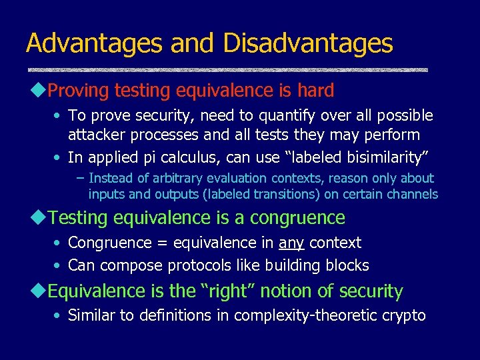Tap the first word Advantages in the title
pos(94,43)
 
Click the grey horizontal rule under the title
pos(227,69)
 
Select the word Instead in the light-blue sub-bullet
pos(111,179)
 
